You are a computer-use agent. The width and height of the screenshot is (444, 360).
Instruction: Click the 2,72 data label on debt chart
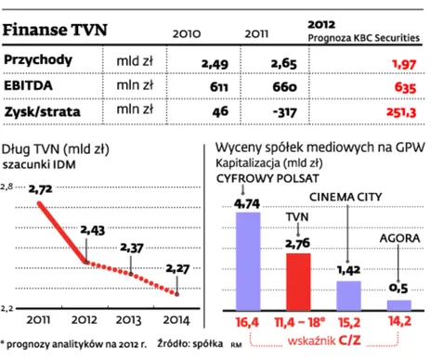[x=42, y=189]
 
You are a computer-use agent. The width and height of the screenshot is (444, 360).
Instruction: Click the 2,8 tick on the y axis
[x=7, y=187]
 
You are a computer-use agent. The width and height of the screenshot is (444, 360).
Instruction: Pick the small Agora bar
[x=398, y=303]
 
